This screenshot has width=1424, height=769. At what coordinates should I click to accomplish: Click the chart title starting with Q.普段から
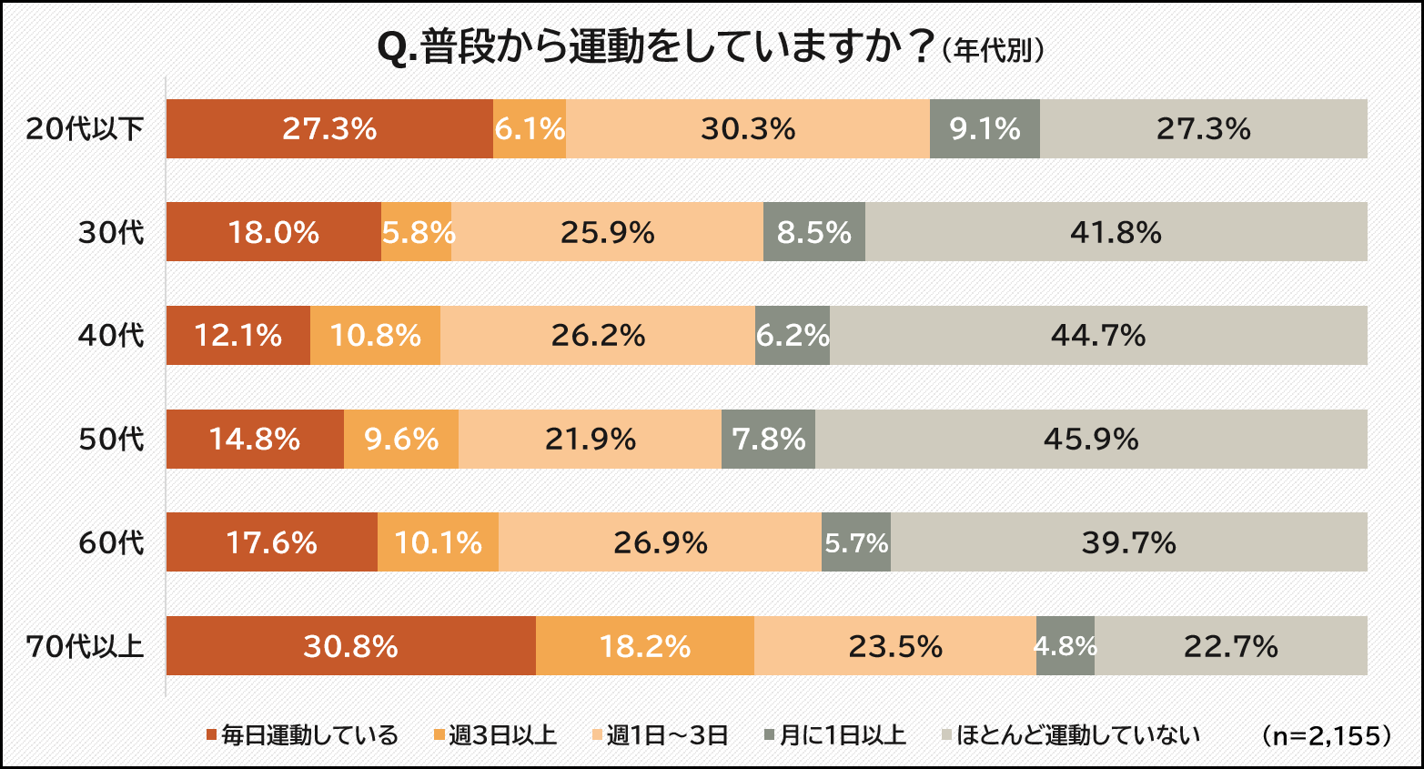click(x=655, y=48)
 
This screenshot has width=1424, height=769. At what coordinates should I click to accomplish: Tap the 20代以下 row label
click(x=85, y=129)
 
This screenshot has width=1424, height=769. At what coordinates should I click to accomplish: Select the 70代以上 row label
click(x=85, y=646)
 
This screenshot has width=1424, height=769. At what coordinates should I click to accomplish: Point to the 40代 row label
click(x=110, y=336)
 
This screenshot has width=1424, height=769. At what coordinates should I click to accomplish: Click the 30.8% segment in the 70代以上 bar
click(x=350, y=646)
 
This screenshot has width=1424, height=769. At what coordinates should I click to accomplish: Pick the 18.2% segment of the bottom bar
click(x=644, y=646)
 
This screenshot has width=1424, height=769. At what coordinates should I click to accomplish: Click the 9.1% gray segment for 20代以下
click(x=985, y=129)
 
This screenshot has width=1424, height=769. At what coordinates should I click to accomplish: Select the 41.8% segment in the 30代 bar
click(x=1116, y=233)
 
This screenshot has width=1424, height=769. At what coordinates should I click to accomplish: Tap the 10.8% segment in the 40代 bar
click(x=375, y=336)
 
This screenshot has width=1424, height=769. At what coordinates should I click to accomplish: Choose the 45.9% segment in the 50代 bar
click(x=1090, y=440)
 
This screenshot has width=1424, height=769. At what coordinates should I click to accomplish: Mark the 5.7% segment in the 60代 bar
click(x=855, y=543)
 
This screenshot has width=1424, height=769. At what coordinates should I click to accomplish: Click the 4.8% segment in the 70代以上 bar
click(x=1065, y=646)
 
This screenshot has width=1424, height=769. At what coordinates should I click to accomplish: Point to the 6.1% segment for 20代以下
click(x=530, y=129)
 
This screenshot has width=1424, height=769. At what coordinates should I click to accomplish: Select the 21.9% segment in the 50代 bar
click(x=590, y=440)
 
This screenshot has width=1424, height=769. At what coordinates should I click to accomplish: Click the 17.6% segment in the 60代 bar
click(x=271, y=543)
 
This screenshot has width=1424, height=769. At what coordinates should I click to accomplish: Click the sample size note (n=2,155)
click(x=1328, y=735)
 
